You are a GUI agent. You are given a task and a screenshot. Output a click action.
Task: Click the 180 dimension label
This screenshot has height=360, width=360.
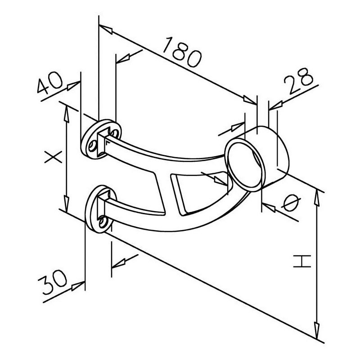coord(183,52)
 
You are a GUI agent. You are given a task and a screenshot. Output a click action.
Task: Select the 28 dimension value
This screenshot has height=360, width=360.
coord(298,81)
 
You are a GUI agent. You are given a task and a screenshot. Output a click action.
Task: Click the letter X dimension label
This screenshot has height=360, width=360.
coord(53,157)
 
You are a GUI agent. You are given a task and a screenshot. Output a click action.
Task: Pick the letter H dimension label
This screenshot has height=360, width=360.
coord(302,261)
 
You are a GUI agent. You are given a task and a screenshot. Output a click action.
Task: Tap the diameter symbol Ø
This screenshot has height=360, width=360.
coord(292,203)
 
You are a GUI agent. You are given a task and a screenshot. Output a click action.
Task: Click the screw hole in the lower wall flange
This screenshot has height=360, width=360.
coord(102,222)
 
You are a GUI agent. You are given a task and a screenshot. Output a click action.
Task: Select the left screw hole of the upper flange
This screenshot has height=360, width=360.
coord(93,146)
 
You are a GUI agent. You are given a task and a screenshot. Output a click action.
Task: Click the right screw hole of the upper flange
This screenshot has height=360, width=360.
coord(115,133)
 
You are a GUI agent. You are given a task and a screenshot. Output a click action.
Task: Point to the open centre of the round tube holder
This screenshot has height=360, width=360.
coord(244,165)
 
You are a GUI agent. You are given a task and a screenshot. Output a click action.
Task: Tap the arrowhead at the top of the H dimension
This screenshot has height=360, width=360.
coord(317,198)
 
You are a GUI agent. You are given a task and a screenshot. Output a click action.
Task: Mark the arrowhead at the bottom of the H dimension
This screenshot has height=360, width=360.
coord(317,331)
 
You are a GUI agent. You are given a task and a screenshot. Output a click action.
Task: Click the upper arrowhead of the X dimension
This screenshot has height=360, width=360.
coord(66,113)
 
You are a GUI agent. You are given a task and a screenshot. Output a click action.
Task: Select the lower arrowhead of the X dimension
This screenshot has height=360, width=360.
coord(66,204)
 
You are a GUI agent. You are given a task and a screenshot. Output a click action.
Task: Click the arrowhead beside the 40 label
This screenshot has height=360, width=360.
coord(74,85)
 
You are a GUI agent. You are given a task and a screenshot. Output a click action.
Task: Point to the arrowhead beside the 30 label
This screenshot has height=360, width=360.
coord(78,286)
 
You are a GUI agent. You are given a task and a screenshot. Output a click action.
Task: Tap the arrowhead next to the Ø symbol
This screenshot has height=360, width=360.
coord(269,207)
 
